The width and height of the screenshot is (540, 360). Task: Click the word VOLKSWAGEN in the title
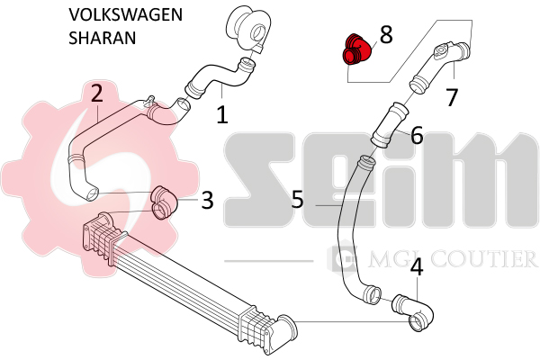click(x=125, y=14)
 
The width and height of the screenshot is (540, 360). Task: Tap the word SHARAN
click(x=103, y=38)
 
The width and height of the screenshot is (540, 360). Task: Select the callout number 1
click(x=222, y=114)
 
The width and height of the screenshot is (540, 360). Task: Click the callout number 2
click(x=97, y=93)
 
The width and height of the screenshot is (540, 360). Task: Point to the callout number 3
click(x=207, y=200)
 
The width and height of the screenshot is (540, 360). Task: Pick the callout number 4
click(x=417, y=267)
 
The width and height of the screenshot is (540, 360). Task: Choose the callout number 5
click(x=298, y=199)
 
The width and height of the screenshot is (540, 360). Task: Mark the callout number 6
click(x=417, y=135)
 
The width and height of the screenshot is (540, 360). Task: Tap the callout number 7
click(x=452, y=97)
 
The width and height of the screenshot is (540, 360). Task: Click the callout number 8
click(x=386, y=35)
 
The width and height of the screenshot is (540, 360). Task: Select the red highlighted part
click(x=356, y=49)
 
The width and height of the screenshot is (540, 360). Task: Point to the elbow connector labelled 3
click(x=165, y=202)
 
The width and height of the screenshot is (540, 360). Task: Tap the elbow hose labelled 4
click(x=412, y=313)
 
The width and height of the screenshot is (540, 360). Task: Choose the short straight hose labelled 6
click(x=390, y=125)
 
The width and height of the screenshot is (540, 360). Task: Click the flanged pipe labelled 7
click(x=440, y=67)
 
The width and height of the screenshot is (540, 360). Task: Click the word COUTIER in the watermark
click(x=483, y=259)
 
